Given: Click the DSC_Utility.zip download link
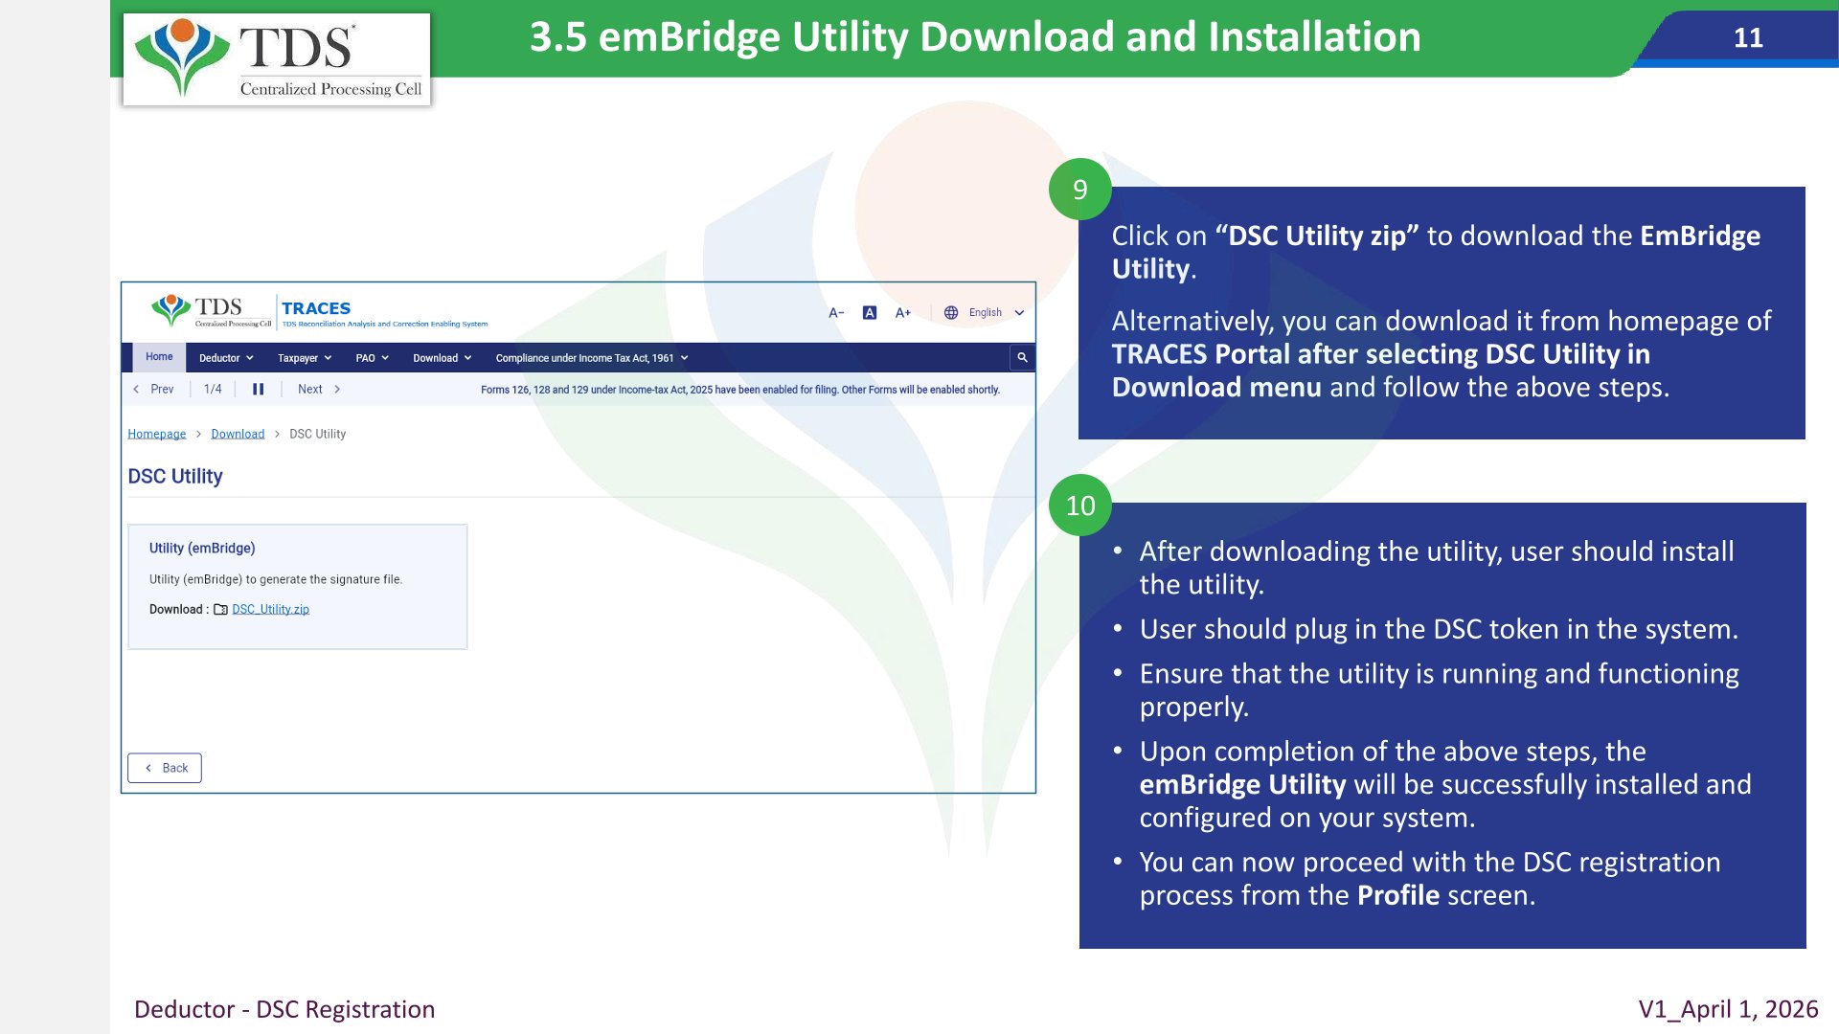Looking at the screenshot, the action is [x=270, y=609].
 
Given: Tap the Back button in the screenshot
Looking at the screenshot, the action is [x=165, y=768].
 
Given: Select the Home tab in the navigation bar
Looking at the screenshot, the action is [x=159, y=357].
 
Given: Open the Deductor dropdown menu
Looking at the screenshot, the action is [x=226, y=358].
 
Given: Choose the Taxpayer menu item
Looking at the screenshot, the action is [x=305, y=358].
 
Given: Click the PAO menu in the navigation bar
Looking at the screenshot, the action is [x=372, y=358].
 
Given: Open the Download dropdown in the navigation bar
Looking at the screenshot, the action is [x=442, y=358].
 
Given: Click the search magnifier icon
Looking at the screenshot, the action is [x=1022, y=357].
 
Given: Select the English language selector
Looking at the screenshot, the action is [x=985, y=312].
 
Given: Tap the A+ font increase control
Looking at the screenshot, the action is [x=902, y=312].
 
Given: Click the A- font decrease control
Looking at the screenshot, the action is [x=836, y=312].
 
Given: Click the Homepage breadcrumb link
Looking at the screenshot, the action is [x=157, y=434].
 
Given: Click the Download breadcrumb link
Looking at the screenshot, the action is [x=238, y=434].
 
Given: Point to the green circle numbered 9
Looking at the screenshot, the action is [x=1080, y=190].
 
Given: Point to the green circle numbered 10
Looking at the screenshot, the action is [x=1080, y=506].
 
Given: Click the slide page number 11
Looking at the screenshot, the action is [x=1748, y=37].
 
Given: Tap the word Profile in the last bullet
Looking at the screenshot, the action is [x=1398, y=895].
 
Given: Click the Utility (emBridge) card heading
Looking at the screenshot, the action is [x=202, y=548].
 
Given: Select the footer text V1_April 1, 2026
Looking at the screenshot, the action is [x=1728, y=1009].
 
